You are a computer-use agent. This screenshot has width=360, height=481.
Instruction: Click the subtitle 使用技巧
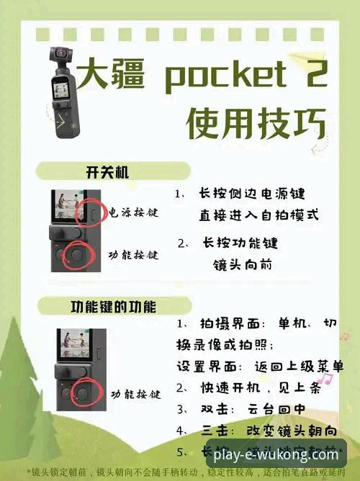pos(256,124)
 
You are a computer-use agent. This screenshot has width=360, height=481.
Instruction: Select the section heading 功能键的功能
pos(112,307)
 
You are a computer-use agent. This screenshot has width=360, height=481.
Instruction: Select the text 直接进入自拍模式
pos(259,215)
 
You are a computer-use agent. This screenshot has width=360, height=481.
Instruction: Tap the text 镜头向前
pos(243,264)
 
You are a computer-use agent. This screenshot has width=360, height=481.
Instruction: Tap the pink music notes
pos(325,379)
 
